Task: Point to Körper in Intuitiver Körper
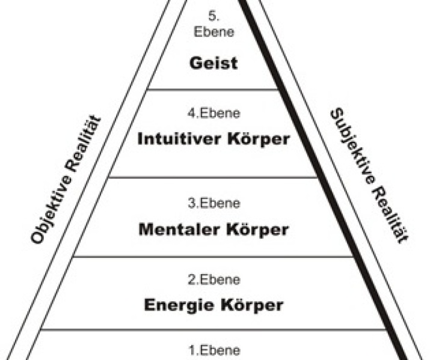(259, 139)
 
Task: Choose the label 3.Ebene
(213, 203)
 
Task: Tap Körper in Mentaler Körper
(260, 229)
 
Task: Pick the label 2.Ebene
(213, 279)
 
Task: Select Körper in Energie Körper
(253, 305)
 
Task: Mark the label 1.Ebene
(213, 350)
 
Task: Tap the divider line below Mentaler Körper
(213, 256)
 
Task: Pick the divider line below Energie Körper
(213, 329)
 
